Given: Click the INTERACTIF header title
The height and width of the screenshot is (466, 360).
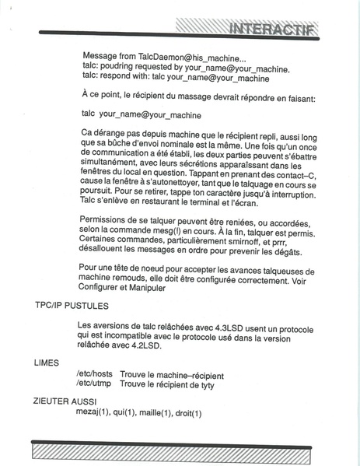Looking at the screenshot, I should [271, 30].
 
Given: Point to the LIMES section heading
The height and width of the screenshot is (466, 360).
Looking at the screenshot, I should [46, 363].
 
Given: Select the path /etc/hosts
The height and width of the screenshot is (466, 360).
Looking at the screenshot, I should [95, 373].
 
